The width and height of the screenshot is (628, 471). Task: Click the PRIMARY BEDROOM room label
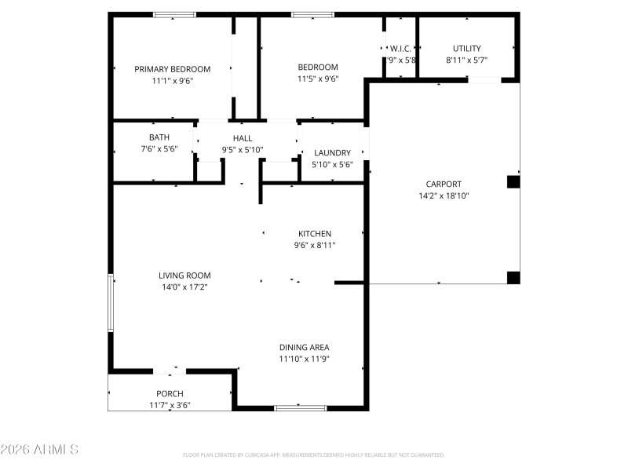click(172, 69)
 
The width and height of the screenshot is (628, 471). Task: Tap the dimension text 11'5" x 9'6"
click(318, 78)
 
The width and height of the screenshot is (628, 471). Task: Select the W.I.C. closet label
click(400, 49)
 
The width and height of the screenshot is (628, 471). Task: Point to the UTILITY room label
click(467, 49)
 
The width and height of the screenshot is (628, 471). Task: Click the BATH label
click(148, 137)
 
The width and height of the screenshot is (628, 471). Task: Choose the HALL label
click(243, 137)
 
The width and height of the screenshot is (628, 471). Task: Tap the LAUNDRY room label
click(332, 153)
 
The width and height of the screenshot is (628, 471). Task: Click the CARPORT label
click(444, 184)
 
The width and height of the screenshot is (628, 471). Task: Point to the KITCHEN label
click(315, 234)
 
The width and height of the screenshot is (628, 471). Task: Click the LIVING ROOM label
click(184, 276)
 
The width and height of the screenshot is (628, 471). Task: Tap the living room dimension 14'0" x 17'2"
click(184, 287)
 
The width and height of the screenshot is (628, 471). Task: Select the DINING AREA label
click(304, 347)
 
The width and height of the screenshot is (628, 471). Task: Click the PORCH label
click(170, 394)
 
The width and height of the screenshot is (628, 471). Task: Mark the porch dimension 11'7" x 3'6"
click(170, 405)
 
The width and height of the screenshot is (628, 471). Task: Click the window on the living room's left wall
click(111, 302)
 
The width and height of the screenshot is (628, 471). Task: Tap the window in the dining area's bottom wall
click(300, 407)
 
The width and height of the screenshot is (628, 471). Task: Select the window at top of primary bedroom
click(174, 14)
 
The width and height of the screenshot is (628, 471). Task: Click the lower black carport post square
click(513, 276)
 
